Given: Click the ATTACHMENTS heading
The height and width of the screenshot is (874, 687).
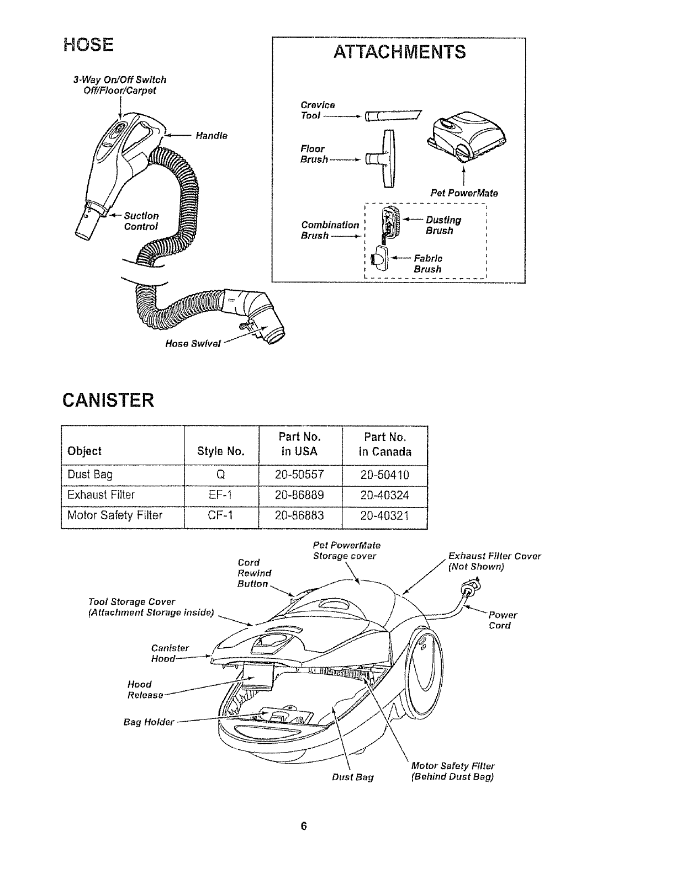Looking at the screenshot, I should click(399, 52).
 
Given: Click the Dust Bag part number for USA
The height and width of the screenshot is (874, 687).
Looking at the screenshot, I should click(300, 475).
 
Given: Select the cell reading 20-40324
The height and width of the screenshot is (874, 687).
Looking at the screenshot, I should click(385, 495).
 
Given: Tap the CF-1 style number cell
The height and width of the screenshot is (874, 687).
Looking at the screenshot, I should click(220, 515).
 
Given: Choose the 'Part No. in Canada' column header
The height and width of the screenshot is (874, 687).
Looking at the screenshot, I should click(385, 444).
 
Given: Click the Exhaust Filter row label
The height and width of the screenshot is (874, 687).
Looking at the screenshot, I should click(101, 495).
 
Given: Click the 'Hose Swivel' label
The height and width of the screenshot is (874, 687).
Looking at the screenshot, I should click(193, 344).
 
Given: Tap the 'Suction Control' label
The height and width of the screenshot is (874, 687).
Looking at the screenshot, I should click(141, 221).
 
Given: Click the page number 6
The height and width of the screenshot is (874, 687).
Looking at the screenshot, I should click(303, 826).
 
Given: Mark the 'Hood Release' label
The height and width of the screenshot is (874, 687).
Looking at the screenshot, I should click(145, 690).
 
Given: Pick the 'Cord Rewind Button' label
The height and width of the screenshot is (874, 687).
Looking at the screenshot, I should click(253, 573).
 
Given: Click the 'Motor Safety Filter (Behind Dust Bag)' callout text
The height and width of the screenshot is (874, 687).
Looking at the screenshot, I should click(453, 771).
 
